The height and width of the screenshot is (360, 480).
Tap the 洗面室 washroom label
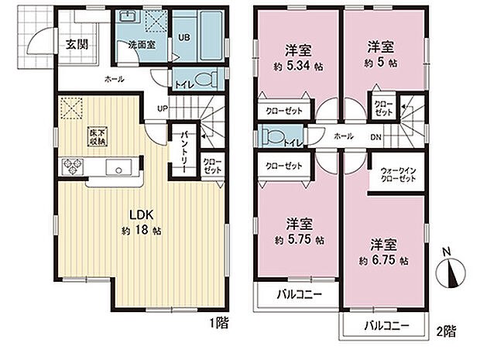point(141,45)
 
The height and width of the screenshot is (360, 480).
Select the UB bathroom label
point(185,36)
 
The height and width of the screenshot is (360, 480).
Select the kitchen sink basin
point(121,166)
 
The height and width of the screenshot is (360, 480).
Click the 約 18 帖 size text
point(140,231)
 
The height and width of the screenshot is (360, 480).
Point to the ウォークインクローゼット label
point(398,173)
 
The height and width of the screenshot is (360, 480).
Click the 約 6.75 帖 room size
point(385,258)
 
